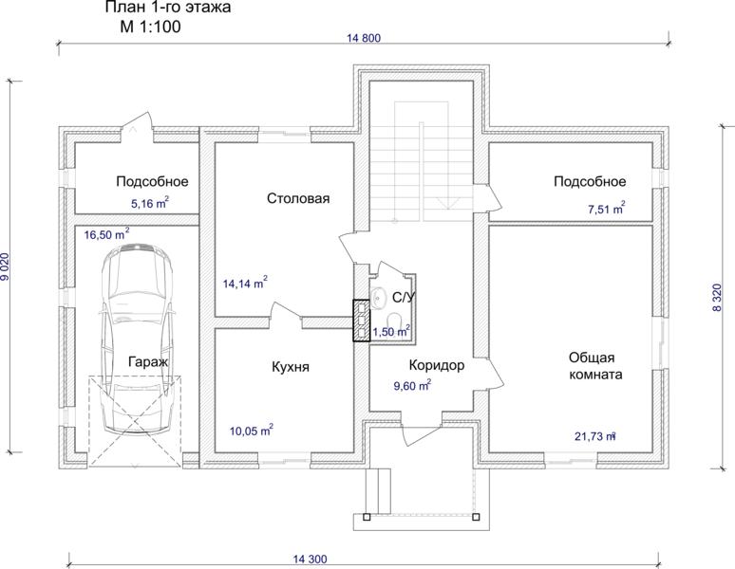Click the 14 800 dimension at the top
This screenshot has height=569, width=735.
tap(364, 38)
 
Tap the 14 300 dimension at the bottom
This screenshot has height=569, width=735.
tap(311, 559)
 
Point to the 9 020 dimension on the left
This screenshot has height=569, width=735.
tap(5, 266)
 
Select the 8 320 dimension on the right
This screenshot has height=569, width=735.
tap(718, 298)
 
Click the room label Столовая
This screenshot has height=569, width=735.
tap(298, 198)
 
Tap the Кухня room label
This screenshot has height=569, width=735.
tap(291, 367)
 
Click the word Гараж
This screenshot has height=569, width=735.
tap(148, 361)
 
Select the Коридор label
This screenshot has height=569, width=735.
tap(437, 365)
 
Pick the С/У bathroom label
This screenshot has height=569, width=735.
tap(404, 298)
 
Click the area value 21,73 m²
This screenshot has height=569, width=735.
tap(595, 436)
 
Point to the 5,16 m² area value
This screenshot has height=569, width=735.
tap(149, 204)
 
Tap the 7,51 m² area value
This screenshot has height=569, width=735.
tap(606, 209)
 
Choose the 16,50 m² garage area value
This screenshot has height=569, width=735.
tap(107, 234)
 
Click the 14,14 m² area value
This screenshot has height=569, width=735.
tap(245, 284)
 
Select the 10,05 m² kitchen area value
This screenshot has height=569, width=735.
tap(252, 430)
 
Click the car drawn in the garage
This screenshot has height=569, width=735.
tap(137, 339)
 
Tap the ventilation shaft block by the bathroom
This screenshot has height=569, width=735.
tap(361, 321)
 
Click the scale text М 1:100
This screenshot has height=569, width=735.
tap(150, 27)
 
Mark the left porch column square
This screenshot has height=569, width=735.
tap(367, 517)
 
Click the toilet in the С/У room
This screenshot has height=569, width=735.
tap(397, 321)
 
